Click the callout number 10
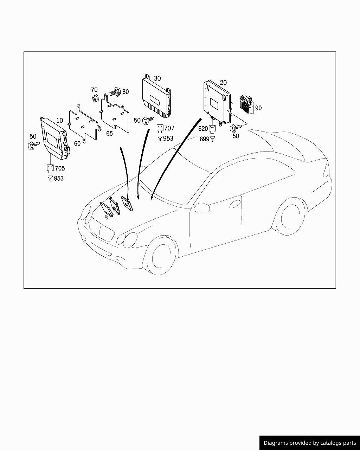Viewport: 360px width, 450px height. (60, 121)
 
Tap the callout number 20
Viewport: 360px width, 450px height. (223, 83)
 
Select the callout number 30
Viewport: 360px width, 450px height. (157, 78)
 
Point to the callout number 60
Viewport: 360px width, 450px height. (77, 143)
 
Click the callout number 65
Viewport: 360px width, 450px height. (109, 134)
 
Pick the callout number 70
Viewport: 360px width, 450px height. (94, 90)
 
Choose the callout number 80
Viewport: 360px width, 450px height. (126, 92)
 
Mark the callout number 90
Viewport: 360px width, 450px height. (258, 108)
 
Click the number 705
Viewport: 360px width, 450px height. (60, 168)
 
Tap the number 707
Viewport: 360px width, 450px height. (169, 128)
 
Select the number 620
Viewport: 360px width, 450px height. (203, 129)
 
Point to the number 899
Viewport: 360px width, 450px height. (204, 139)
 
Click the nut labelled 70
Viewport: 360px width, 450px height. (95, 98)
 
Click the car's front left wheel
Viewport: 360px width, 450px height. (161, 256)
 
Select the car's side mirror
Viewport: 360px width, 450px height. (203, 207)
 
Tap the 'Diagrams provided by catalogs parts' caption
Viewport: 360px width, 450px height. (310, 443)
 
